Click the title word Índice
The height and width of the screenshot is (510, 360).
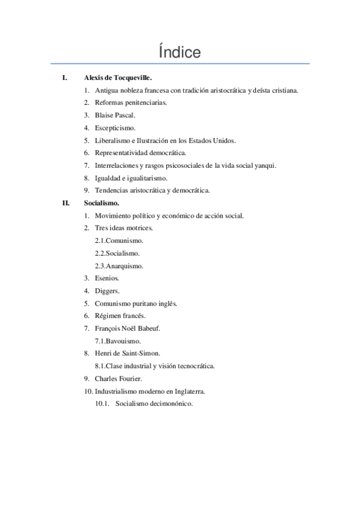pos(180,52)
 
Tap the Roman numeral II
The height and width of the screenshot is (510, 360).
pos(66,203)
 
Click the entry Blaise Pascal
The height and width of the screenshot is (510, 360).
pos(115,115)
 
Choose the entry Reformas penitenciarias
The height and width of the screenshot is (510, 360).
pos(130,102)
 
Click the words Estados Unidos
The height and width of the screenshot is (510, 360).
pos(215,140)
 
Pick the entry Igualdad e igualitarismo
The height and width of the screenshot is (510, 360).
pos(130,178)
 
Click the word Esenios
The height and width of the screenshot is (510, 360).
pos(107,278)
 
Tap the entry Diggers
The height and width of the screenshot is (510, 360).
pos(107,290)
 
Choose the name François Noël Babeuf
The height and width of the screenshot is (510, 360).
pos(127,328)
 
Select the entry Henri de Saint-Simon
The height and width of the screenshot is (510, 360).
pos(127,354)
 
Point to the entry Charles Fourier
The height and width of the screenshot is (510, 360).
pos(117,379)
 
